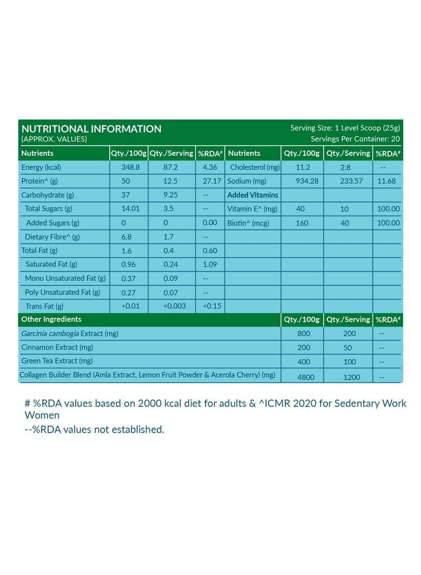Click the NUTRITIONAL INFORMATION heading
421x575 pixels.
(91, 128)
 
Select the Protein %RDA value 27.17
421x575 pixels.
(210, 181)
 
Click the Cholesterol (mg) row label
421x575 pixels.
(255, 167)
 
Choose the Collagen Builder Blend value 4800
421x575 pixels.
(304, 377)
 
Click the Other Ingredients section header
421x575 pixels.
(52, 319)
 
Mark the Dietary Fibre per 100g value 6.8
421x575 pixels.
(117, 237)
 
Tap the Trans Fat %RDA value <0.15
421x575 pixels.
(211, 306)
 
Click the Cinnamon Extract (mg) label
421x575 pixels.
(57, 348)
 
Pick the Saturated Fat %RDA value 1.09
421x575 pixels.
(210, 264)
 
